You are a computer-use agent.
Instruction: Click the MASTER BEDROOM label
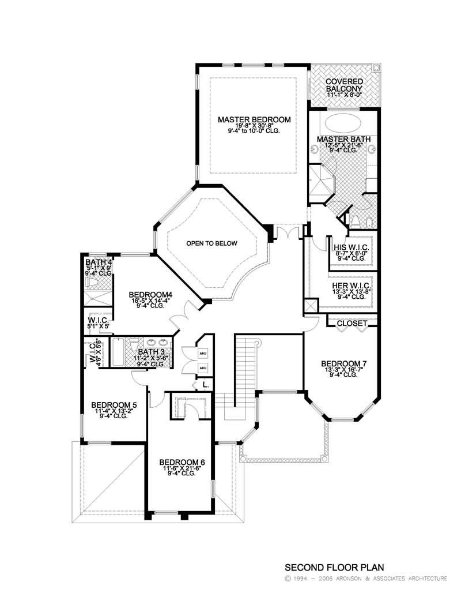click(254, 120)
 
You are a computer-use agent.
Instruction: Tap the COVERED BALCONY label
click(344, 85)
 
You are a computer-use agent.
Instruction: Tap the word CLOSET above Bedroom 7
click(352, 324)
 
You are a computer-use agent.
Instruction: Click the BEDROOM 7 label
click(344, 363)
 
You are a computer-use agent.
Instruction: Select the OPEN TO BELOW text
click(211, 243)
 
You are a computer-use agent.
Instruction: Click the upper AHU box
click(202, 353)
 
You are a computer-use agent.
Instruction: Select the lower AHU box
click(202, 367)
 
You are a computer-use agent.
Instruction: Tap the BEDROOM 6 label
click(182, 462)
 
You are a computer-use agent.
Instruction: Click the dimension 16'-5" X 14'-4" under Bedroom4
click(151, 300)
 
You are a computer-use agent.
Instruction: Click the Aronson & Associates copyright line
click(365, 578)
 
